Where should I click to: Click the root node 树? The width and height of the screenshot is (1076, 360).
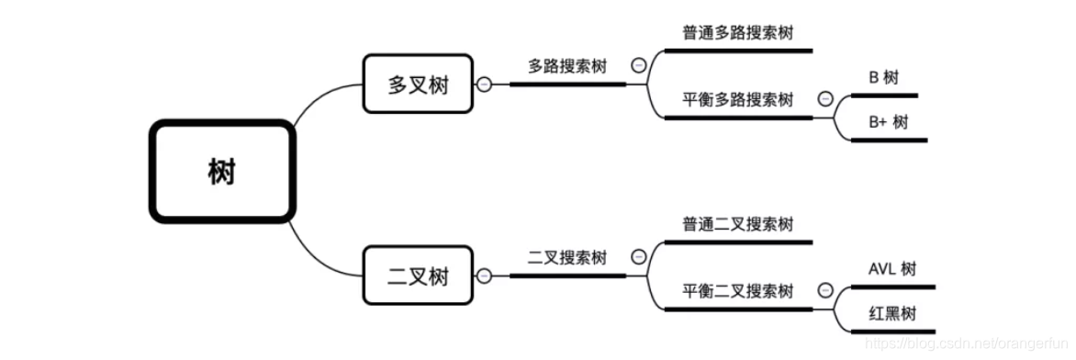pyautogui.click(x=221, y=172)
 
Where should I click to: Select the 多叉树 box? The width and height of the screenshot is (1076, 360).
pyautogui.click(x=418, y=84)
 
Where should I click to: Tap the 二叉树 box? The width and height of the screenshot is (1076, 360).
pyautogui.click(x=418, y=275)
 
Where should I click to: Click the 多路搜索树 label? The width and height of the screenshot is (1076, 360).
pyautogui.click(x=567, y=66)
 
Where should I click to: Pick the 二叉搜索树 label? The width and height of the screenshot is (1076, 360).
pyautogui.click(x=567, y=257)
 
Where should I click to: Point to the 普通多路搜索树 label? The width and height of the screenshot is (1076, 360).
pyautogui.click(x=737, y=33)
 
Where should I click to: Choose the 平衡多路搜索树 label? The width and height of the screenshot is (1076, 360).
pyautogui.click(x=737, y=100)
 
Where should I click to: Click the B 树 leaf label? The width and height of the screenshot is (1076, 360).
pyautogui.click(x=883, y=78)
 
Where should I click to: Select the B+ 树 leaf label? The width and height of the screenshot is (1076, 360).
pyautogui.click(x=887, y=122)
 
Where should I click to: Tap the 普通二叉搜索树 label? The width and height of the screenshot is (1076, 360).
pyautogui.click(x=737, y=224)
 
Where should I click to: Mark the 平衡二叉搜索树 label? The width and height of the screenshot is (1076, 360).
pyautogui.click(x=737, y=291)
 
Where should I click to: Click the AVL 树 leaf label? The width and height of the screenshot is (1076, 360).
pyautogui.click(x=891, y=269)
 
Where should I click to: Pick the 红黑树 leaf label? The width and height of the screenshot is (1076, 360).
pyautogui.click(x=891, y=313)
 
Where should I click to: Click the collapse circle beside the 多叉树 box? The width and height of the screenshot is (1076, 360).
pyautogui.click(x=484, y=84)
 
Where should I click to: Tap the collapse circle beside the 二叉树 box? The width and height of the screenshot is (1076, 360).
pyautogui.click(x=484, y=276)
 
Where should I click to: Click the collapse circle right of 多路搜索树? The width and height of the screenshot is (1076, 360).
pyautogui.click(x=639, y=65)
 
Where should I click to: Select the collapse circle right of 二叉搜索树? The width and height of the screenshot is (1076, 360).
pyautogui.click(x=639, y=257)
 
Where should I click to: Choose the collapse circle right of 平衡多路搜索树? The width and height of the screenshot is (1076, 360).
pyautogui.click(x=824, y=99)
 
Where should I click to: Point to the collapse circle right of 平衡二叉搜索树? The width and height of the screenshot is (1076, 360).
pyautogui.click(x=824, y=291)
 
